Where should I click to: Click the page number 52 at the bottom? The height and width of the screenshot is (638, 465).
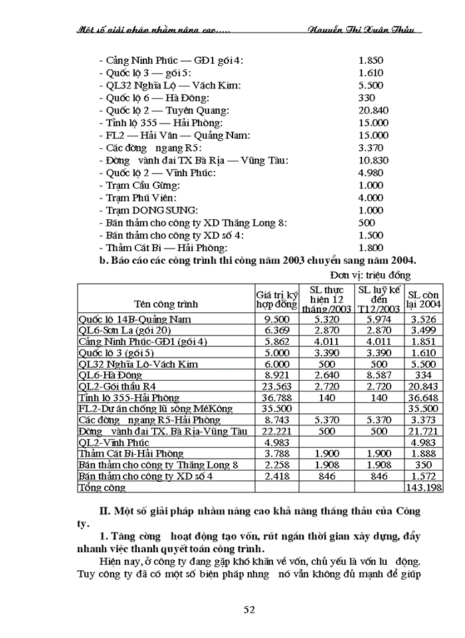coord(249,609)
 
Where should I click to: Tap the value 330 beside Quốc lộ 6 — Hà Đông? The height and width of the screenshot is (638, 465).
coord(367,98)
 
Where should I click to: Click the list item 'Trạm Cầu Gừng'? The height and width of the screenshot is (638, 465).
coord(137,185)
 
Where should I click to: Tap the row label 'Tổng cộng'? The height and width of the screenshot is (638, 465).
coord(102,487)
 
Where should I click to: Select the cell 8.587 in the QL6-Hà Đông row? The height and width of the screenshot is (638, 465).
coord(379,375)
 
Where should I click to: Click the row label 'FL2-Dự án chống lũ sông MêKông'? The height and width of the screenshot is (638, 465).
coord(154,409)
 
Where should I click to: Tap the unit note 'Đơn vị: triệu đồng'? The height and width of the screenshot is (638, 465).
coord(370,275)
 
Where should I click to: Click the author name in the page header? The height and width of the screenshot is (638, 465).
coord(361,30)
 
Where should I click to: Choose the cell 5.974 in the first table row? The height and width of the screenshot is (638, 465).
coord(379,319)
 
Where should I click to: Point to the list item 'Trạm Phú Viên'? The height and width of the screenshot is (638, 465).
coord(136,198)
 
